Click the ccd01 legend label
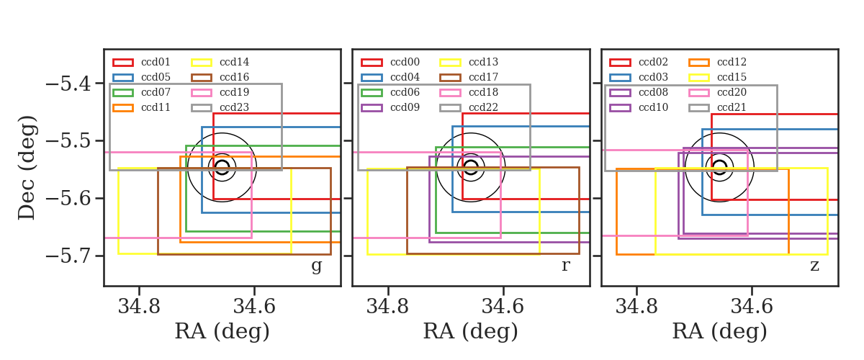coord(156,62)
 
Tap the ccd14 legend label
coord(234,62)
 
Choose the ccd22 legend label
coord(483,107)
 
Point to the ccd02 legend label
coord(653,62)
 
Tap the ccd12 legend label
coord(732,62)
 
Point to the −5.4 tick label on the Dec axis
coord(68,84)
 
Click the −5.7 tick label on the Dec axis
coord(68,256)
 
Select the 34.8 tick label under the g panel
coord(139,307)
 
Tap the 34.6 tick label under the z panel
coord(752,307)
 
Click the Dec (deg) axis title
coord(27,168)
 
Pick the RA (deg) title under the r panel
coord(471,331)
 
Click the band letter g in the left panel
coord(316,266)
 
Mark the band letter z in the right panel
coord(814,266)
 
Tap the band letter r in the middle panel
coord(565,266)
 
